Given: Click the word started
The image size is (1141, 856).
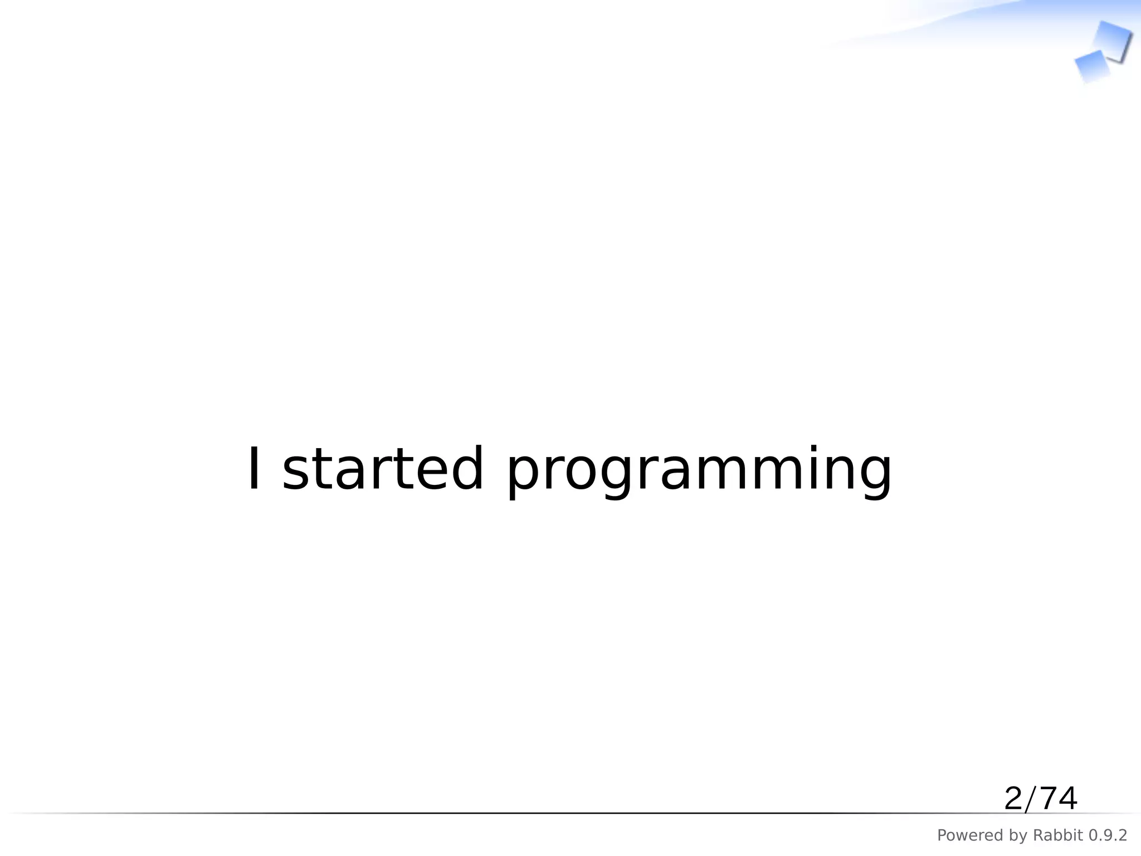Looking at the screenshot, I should point(383,469).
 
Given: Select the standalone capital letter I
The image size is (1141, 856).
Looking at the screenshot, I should point(254,469).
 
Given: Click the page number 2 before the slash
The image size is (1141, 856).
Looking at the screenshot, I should point(1013,799).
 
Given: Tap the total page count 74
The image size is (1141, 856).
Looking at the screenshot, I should point(1058,799).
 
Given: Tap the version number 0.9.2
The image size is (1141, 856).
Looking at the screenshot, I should point(1108,835).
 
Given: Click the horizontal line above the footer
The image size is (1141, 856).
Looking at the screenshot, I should point(557,813).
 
